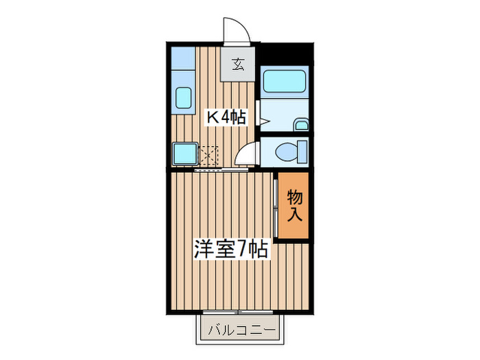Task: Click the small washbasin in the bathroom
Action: (x=301, y=125)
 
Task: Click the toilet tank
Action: (x=302, y=151)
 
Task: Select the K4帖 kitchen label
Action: (x=226, y=117)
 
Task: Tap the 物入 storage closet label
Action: (x=294, y=205)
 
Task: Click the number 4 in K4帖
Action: (x=224, y=117)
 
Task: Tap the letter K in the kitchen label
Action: (x=213, y=117)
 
